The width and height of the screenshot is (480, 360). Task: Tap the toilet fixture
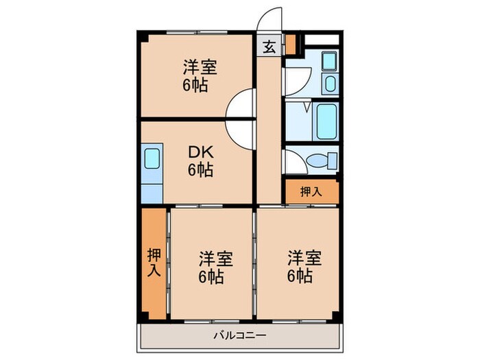pyautogui.click(x=316, y=160)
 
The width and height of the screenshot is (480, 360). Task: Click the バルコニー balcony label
pyautogui.click(x=239, y=335)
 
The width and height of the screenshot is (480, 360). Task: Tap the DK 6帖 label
pyautogui.click(x=200, y=160)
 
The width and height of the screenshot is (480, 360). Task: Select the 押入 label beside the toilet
pyautogui.click(x=311, y=191)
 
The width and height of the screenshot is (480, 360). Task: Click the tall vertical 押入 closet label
pyautogui.click(x=154, y=263)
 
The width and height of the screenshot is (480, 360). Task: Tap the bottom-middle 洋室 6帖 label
pyautogui.click(x=215, y=267)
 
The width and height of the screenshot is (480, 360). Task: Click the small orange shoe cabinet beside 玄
pyautogui.click(x=290, y=45)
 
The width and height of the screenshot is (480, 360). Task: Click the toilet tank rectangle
pyautogui.click(x=333, y=160)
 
